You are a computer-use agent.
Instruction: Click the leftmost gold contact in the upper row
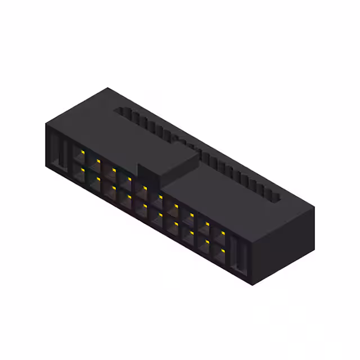[83, 152]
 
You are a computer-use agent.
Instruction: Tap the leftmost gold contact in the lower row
[83, 169]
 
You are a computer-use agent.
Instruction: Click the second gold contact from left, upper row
[98, 160]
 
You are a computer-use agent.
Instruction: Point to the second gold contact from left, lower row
[98, 178]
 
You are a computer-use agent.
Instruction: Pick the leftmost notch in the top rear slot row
[120, 113]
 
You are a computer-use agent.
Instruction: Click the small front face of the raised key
[150, 175]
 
